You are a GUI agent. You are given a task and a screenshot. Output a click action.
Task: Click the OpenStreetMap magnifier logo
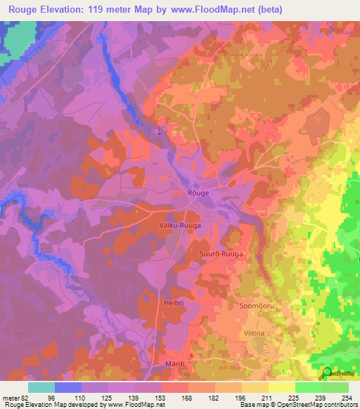point(326,373)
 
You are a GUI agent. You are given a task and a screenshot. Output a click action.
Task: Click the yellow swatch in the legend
point(282,387)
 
